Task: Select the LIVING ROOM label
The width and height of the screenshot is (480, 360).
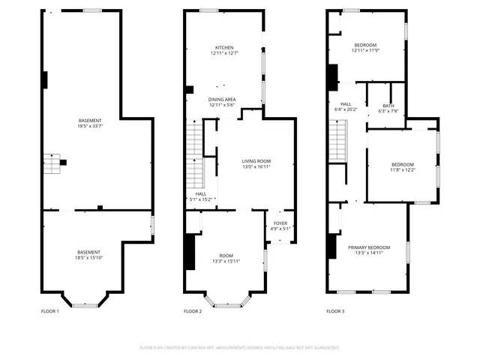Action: [x=256, y=161]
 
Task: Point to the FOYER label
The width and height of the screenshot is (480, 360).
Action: [x=280, y=223]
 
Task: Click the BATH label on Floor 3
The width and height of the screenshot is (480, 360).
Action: [x=388, y=106]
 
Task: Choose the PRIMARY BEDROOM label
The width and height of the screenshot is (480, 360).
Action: [x=368, y=247]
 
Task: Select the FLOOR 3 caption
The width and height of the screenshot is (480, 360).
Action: [x=337, y=310]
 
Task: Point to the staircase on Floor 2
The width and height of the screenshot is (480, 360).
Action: [x=195, y=157]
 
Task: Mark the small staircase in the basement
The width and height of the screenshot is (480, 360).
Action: [x=52, y=163]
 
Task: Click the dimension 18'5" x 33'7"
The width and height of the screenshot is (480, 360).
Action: [x=90, y=126]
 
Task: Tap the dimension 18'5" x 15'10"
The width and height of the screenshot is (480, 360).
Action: [x=88, y=257]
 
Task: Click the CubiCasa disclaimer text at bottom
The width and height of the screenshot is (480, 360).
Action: [x=240, y=348]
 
